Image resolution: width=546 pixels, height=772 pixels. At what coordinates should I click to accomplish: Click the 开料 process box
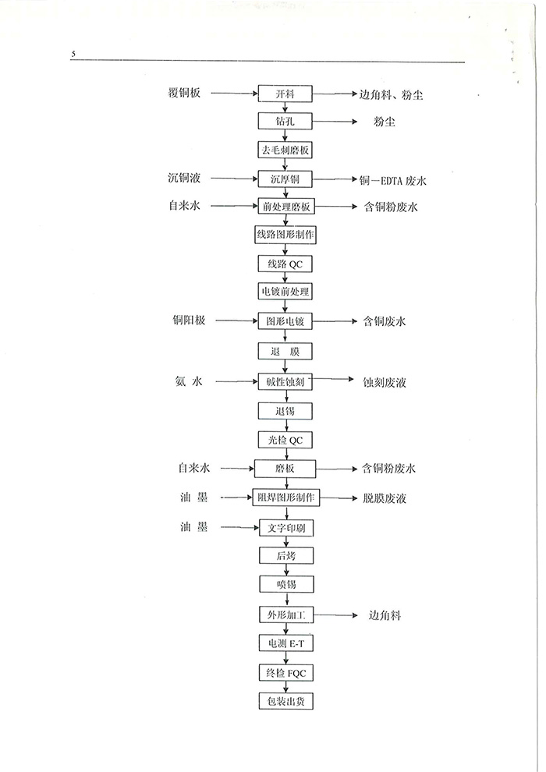click(x=285, y=94)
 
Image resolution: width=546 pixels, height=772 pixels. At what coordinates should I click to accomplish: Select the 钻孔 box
click(x=285, y=121)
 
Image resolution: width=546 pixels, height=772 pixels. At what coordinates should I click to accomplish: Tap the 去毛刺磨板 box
click(x=285, y=151)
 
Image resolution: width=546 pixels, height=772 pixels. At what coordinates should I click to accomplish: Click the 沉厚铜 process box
click(x=285, y=179)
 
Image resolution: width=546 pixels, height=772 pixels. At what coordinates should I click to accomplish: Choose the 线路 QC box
click(x=285, y=264)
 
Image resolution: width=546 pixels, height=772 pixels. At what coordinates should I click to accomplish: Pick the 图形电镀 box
click(x=285, y=321)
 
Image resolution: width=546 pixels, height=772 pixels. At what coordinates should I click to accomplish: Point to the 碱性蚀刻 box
click(x=285, y=382)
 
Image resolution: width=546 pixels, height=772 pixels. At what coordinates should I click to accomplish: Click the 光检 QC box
click(x=285, y=440)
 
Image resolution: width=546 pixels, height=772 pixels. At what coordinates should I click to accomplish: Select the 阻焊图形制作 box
click(x=286, y=498)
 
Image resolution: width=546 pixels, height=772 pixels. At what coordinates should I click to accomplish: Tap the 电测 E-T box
click(x=286, y=643)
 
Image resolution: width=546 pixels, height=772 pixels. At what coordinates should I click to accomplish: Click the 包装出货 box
click(x=286, y=701)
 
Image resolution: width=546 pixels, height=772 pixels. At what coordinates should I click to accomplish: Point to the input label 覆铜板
click(x=184, y=93)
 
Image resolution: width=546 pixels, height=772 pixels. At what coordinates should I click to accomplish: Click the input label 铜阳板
click(x=189, y=320)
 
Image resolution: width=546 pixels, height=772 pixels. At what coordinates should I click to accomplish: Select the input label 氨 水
click(x=189, y=381)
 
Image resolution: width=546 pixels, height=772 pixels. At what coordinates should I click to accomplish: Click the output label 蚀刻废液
click(x=385, y=383)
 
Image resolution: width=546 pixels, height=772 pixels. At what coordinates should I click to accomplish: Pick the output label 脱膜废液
click(x=385, y=499)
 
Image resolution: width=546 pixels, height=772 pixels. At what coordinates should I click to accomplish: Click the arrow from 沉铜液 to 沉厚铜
click(x=234, y=179)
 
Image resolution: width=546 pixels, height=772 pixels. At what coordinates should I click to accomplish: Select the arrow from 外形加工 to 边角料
click(x=335, y=615)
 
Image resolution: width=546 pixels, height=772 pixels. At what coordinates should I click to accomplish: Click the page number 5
click(x=73, y=54)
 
